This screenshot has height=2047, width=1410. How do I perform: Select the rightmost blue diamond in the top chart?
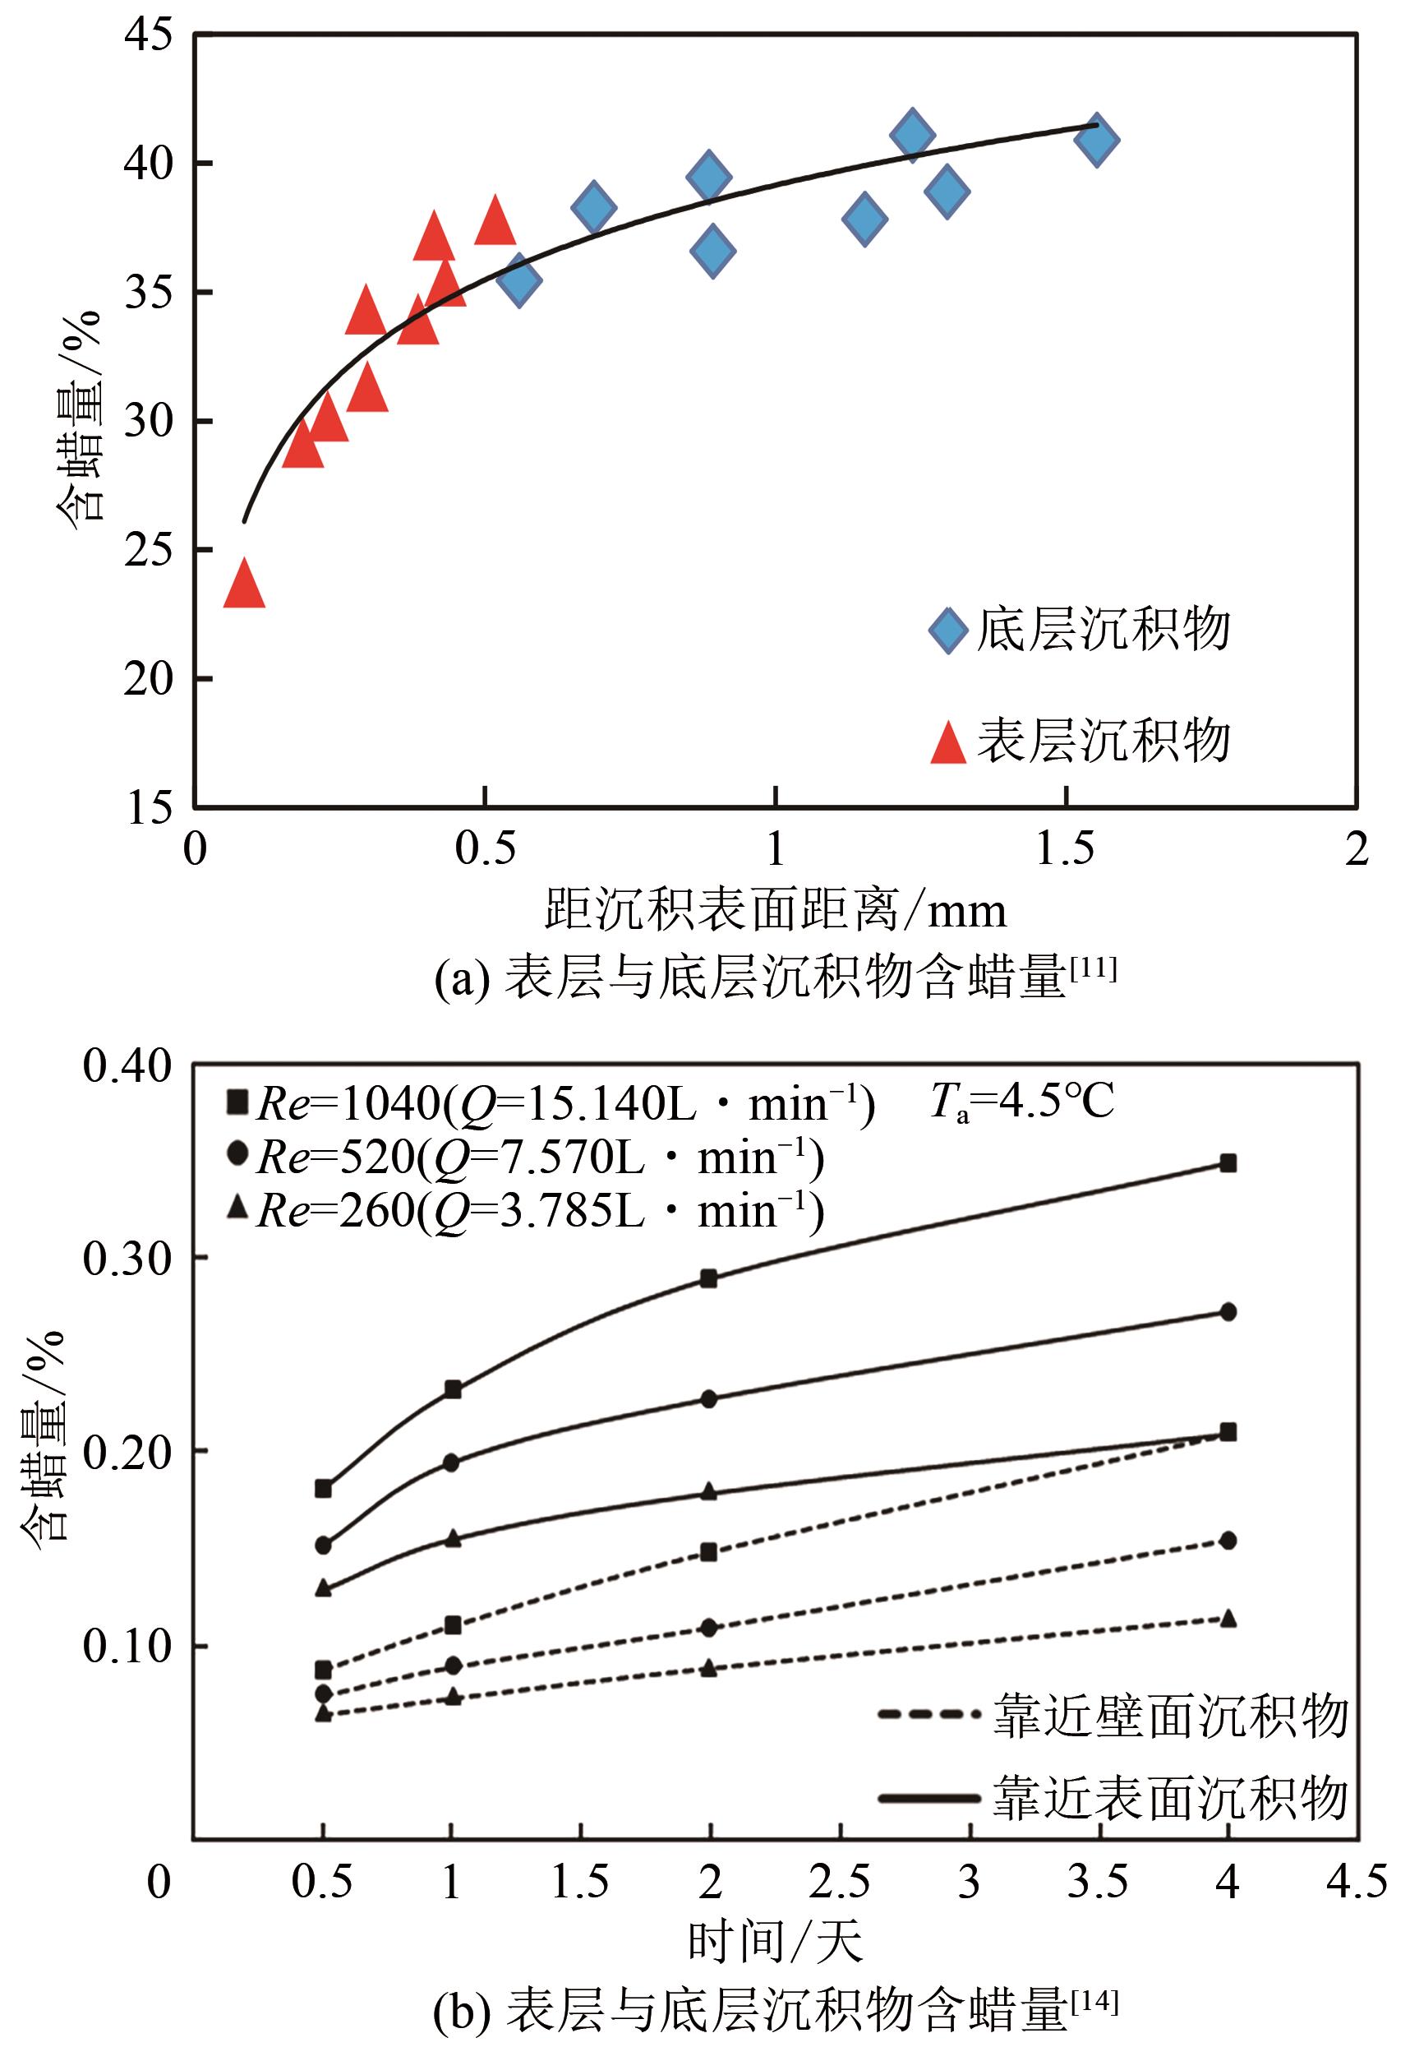(x=1096, y=139)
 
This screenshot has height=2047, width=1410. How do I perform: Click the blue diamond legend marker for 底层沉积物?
(x=949, y=631)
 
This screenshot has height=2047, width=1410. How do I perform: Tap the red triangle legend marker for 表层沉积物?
(x=949, y=743)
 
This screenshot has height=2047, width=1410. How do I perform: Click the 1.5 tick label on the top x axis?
(x=1066, y=849)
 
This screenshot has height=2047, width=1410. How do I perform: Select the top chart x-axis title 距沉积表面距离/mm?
(x=775, y=910)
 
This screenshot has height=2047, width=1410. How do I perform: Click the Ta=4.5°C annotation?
(x=1022, y=1102)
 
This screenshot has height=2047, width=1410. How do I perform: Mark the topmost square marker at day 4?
(x=1227, y=1163)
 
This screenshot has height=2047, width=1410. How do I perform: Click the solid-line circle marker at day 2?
(x=708, y=1399)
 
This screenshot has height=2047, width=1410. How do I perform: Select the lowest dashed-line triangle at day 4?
(x=1227, y=1620)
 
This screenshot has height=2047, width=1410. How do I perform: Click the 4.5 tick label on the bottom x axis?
(x=1356, y=1883)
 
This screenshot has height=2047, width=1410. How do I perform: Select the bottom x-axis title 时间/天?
(x=775, y=1943)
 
